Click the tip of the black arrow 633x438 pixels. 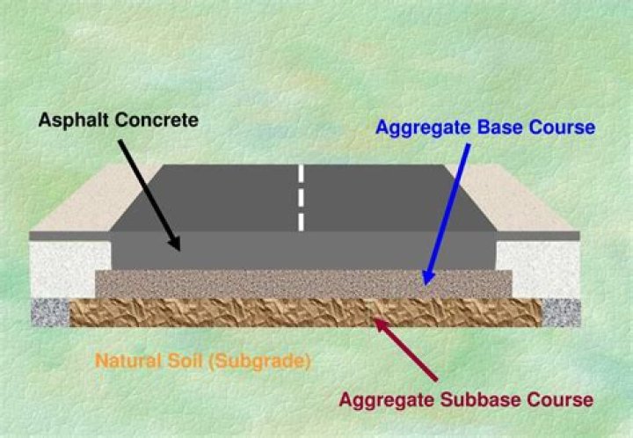[179, 250]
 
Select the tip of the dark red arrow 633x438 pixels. [375, 321]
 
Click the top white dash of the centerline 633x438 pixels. [301, 172]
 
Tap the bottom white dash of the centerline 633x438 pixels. [301, 221]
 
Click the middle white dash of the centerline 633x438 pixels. [301, 196]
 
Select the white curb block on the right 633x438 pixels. [539, 268]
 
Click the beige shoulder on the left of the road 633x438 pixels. [97, 198]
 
